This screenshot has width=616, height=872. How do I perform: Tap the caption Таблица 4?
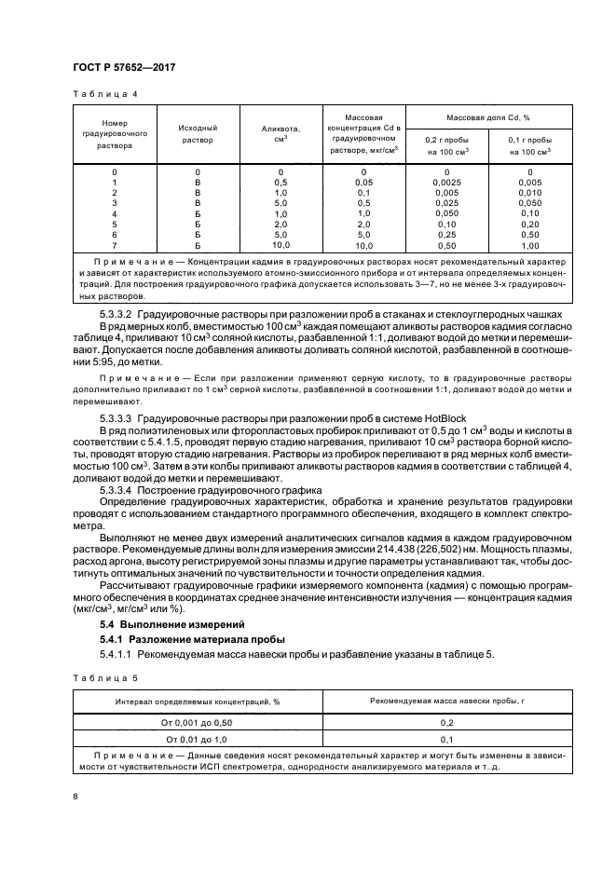coord(103,93)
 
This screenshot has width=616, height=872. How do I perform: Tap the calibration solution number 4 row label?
coord(115,213)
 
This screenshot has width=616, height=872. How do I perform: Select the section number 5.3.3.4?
coord(120,488)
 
